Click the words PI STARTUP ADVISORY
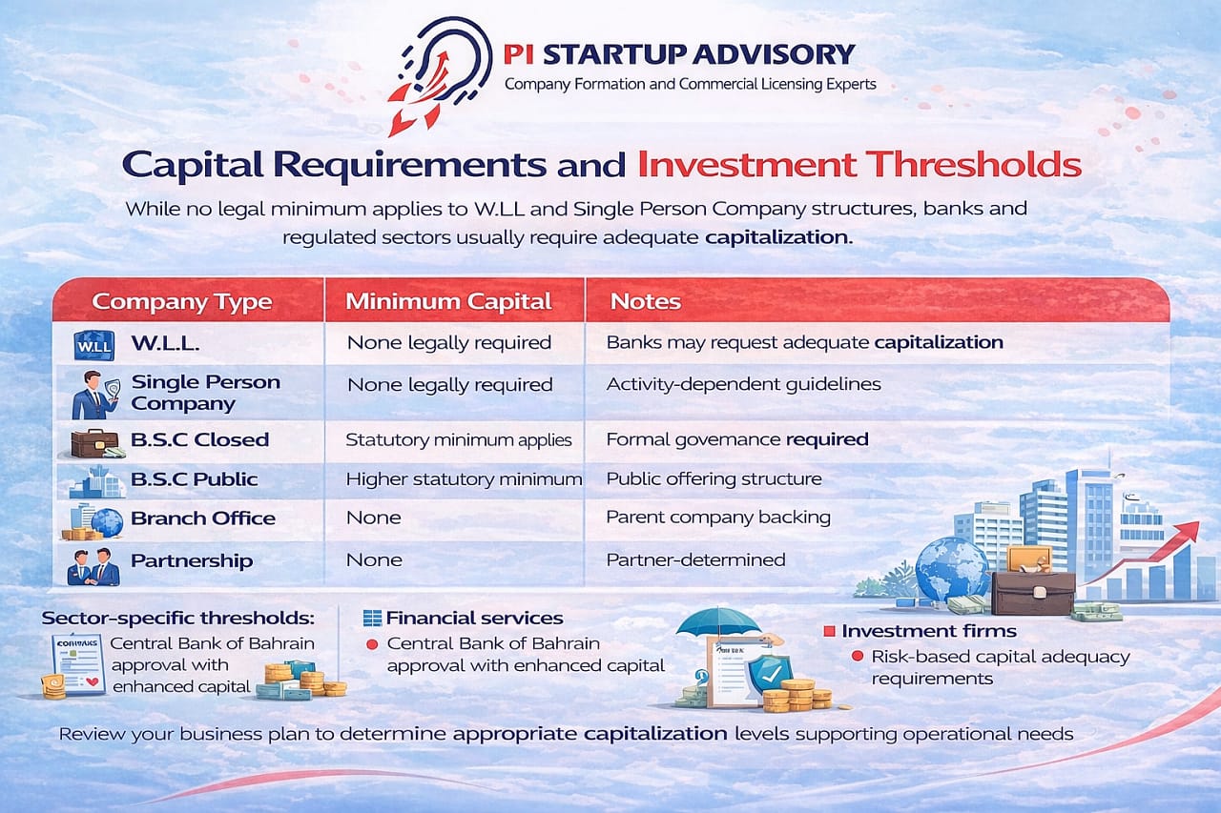[x=678, y=53]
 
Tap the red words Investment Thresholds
[x=859, y=164]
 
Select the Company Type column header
[x=181, y=302]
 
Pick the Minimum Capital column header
[x=448, y=302]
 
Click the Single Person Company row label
[x=205, y=393]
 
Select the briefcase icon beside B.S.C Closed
[x=94, y=441]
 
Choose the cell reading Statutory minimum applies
[x=458, y=440]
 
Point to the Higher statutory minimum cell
[x=463, y=479]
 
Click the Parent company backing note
[x=718, y=518]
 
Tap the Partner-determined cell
[x=695, y=559]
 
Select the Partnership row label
[x=191, y=560]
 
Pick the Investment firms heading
[x=928, y=631]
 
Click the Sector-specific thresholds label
[x=177, y=619]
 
